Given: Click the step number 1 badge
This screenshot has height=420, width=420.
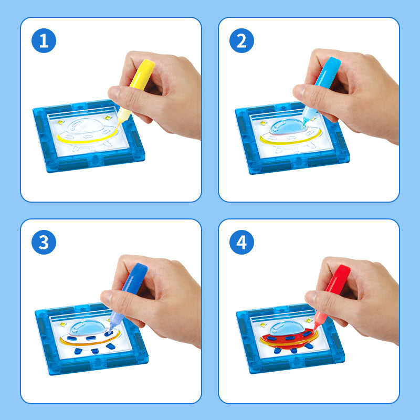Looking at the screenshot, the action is pyautogui.click(x=44, y=41).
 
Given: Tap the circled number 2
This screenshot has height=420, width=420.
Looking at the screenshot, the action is pyautogui.click(x=241, y=41).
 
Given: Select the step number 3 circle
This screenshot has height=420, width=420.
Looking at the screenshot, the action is pyautogui.click(x=44, y=242).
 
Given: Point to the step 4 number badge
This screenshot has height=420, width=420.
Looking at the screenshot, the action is pyautogui.click(x=241, y=242).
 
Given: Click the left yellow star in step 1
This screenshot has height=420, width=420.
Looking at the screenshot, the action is pyautogui.click(x=61, y=122).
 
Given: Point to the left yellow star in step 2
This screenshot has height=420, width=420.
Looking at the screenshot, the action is pyautogui.click(x=264, y=123).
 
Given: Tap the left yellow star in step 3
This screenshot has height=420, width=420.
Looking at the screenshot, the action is pyautogui.click(x=63, y=324).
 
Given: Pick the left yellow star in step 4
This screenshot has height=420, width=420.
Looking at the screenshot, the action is pyautogui.click(x=264, y=325).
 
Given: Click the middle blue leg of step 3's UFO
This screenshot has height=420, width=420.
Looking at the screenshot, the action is pyautogui.click(x=95, y=351).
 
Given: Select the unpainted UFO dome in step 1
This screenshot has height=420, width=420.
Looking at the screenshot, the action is pyautogui.click(x=85, y=125).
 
